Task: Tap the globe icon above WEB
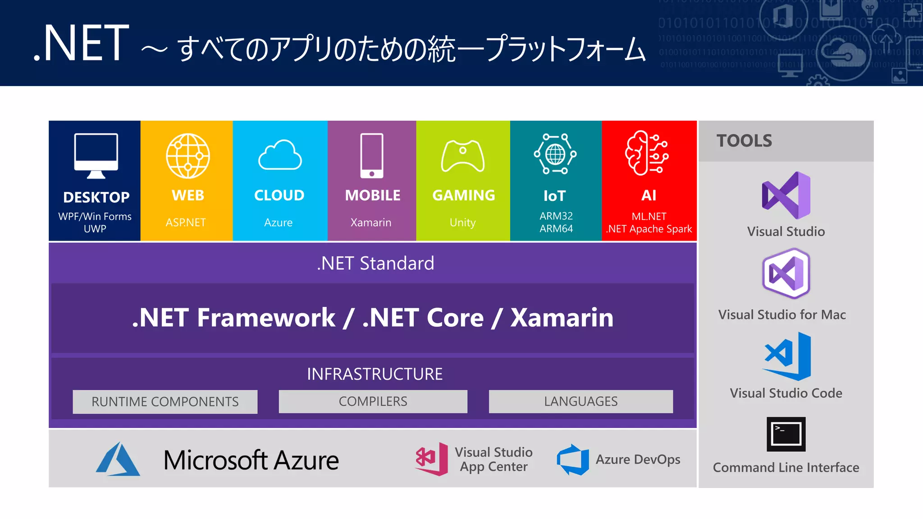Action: [188, 156]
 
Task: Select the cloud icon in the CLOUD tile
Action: [280, 155]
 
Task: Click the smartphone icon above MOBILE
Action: [372, 155]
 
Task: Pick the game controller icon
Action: [463, 156]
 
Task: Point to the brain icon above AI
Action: [647, 153]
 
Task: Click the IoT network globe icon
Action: [555, 154]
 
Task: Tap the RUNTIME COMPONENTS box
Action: [165, 401]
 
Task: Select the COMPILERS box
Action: [373, 401]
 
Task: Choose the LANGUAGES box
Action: [580, 401]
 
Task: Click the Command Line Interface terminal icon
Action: [786, 434]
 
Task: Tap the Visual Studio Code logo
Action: [787, 356]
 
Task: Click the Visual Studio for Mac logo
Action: [786, 273]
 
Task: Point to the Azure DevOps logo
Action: [573, 460]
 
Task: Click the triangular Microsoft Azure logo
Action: [118, 459]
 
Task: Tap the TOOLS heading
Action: [744, 141]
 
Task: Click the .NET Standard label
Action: [375, 263]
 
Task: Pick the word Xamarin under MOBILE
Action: [371, 223]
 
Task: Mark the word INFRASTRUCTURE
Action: [375, 374]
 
